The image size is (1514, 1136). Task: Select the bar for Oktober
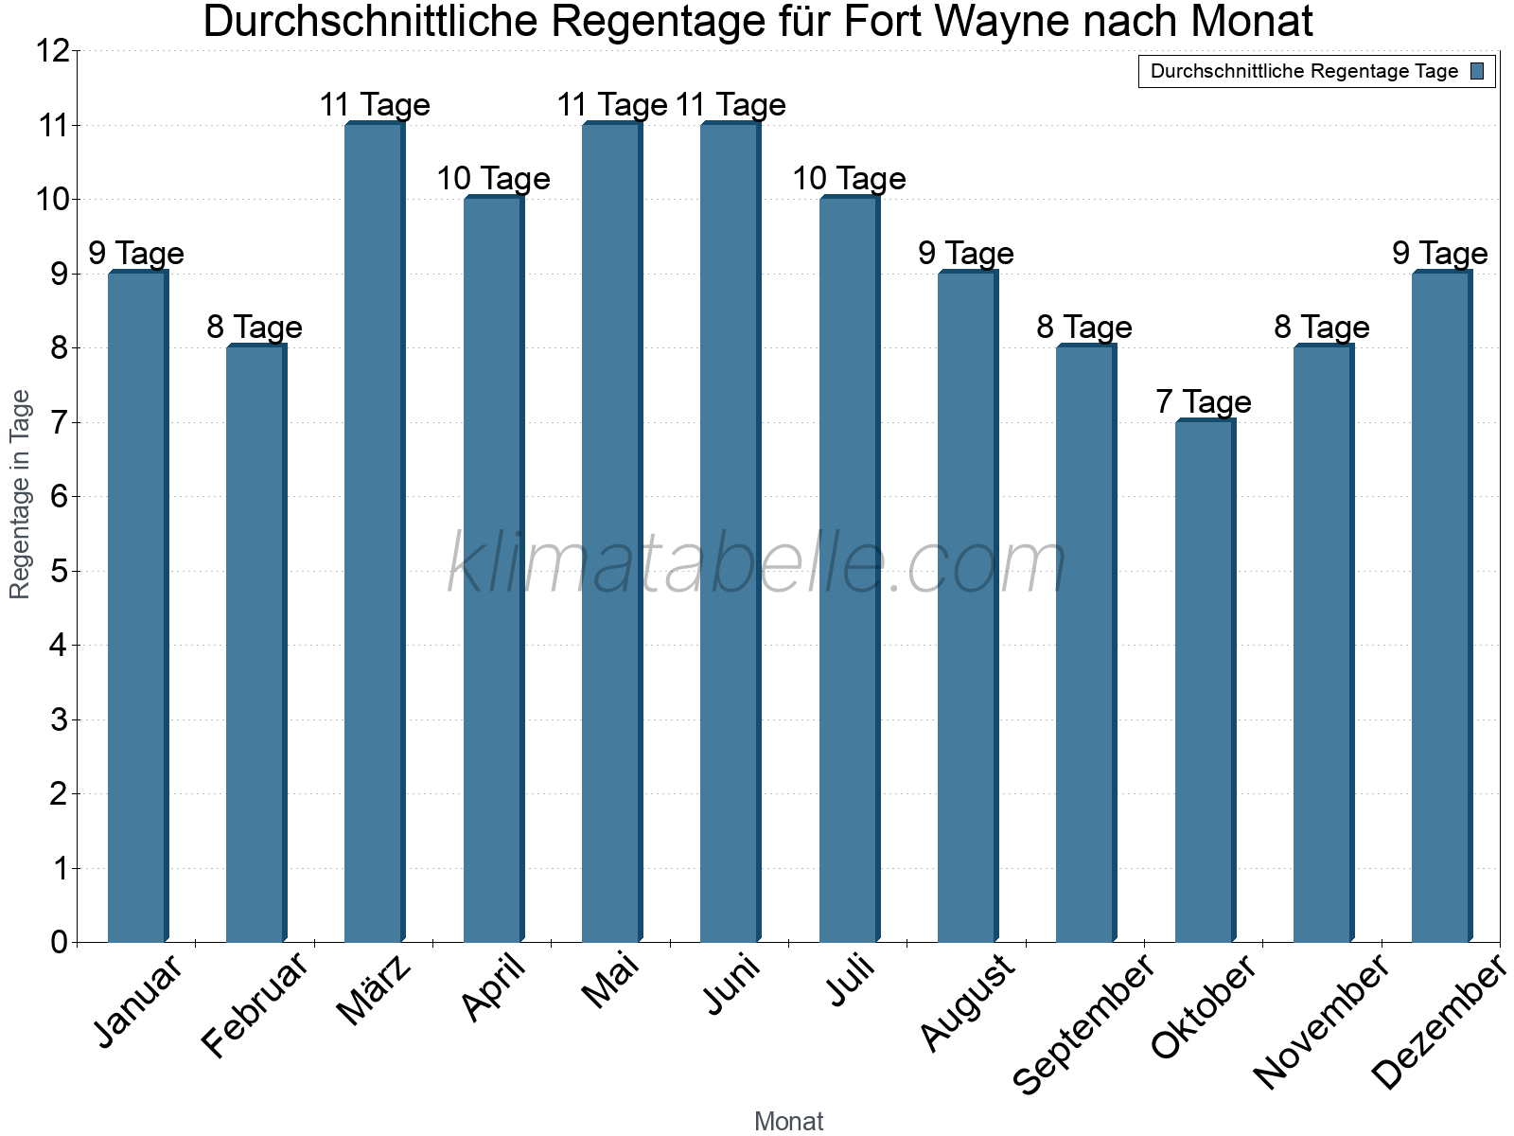click(x=1205, y=682)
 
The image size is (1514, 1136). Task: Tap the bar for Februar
click(x=255, y=644)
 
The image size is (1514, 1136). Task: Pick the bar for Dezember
click(x=1441, y=607)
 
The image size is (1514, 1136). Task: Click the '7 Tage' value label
click(x=1204, y=402)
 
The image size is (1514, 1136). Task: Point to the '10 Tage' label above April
click(x=493, y=179)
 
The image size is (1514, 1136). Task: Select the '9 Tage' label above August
click(x=966, y=254)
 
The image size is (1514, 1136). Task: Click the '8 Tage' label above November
click(x=1322, y=328)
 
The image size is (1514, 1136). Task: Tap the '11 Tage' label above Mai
click(x=611, y=105)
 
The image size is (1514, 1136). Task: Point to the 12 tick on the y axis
click(x=53, y=51)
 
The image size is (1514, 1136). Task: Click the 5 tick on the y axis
click(x=60, y=571)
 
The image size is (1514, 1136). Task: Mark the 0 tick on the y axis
click(x=60, y=942)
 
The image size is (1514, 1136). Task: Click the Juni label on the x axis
click(x=732, y=985)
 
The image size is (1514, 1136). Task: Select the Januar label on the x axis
click(x=138, y=1003)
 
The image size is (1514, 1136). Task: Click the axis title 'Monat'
click(x=788, y=1122)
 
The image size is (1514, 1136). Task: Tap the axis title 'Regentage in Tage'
click(x=20, y=494)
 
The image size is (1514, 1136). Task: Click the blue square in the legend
click(x=1477, y=71)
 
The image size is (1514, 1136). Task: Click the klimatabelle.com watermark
click(x=757, y=563)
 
